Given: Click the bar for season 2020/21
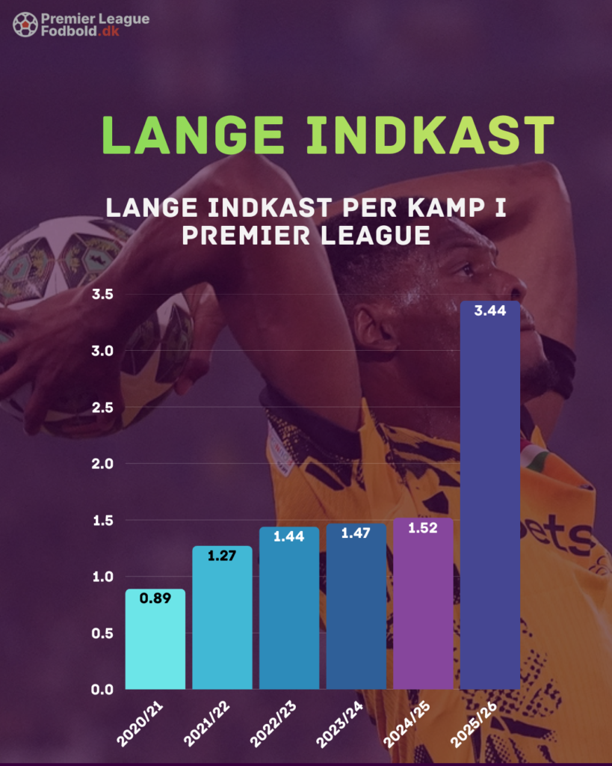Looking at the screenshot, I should point(155,639).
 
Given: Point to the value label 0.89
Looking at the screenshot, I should point(155,598).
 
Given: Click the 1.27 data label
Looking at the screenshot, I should point(222,555).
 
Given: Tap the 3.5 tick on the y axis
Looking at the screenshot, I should point(102,294).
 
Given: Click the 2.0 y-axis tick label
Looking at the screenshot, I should point(102,464).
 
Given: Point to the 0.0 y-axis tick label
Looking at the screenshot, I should point(102,689).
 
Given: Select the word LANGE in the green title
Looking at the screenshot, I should point(191,135).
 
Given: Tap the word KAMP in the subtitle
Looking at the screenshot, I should point(440,207).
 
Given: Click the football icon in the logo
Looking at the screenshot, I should point(25,24).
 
